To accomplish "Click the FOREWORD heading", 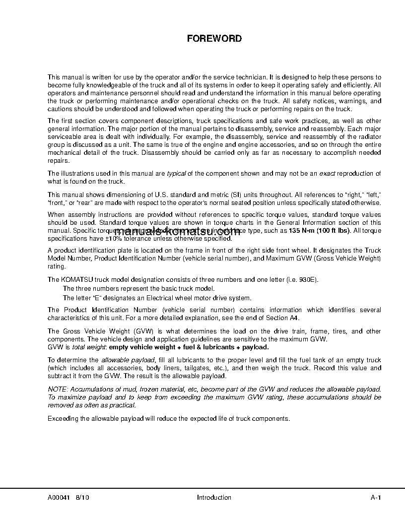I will (214, 38).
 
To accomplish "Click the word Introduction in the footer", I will (214, 497).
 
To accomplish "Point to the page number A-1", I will (376, 497).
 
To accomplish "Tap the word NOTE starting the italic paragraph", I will (56, 390).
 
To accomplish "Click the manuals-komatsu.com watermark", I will (199, 231).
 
